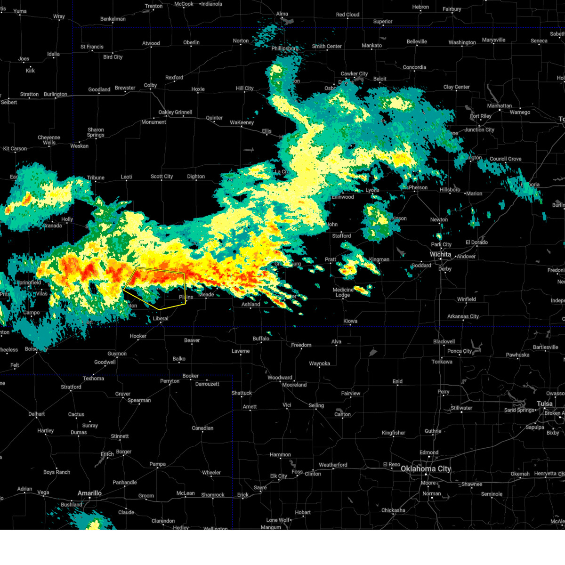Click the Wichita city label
point(440,254)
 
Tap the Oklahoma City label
point(426,468)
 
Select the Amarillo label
point(89,493)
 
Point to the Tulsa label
point(545,404)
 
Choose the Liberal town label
point(161,318)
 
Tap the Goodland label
point(99,89)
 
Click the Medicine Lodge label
point(343,292)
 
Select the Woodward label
point(280,378)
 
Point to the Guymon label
point(117,354)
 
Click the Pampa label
point(158,464)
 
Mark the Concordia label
point(414,67)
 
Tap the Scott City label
point(161,177)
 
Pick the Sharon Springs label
point(96,132)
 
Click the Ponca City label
point(460,351)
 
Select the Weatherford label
point(333,465)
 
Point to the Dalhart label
point(36,414)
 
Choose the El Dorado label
point(476,242)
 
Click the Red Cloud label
point(347,15)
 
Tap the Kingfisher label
point(393,433)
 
